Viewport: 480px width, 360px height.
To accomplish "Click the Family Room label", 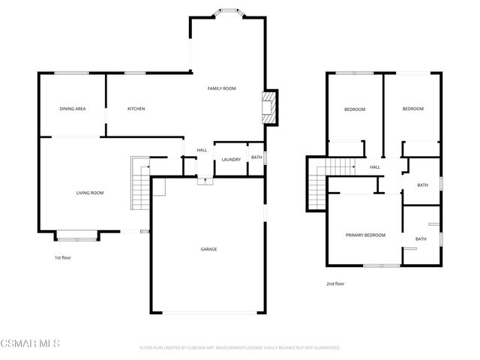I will pyautogui.click(x=221, y=88).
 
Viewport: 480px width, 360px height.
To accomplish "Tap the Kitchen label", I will pyautogui.click(x=136, y=109).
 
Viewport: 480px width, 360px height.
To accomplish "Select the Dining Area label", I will pyautogui.click(x=73, y=109).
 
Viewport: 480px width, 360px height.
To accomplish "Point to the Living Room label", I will pyautogui.click(x=90, y=193).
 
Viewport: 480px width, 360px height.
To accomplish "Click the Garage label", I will pyautogui.click(x=208, y=249).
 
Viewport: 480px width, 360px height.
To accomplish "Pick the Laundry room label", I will pyautogui.click(x=231, y=159).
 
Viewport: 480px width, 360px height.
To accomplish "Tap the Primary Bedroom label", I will pyautogui.click(x=365, y=235).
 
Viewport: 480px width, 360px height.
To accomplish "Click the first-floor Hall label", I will pyautogui.click(x=202, y=150).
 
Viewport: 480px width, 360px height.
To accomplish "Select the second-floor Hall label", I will pyautogui.click(x=374, y=167).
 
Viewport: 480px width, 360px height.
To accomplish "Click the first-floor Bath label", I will pyautogui.click(x=256, y=157).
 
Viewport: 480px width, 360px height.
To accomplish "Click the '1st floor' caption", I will pyautogui.click(x=63, y=258).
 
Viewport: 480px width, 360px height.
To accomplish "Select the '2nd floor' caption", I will pyautogui.click(x=335, y=284).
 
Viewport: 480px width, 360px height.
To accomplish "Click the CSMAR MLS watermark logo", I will pyautogui.click(x=30, y=343).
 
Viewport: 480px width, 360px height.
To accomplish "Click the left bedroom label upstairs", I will pyautogui.click(x=355, y=109).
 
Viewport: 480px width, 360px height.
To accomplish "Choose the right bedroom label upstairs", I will pyautogui.click(x=412, y=109).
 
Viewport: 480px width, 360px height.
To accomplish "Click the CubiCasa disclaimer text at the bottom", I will pyautogui.click(x=240, y=348).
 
